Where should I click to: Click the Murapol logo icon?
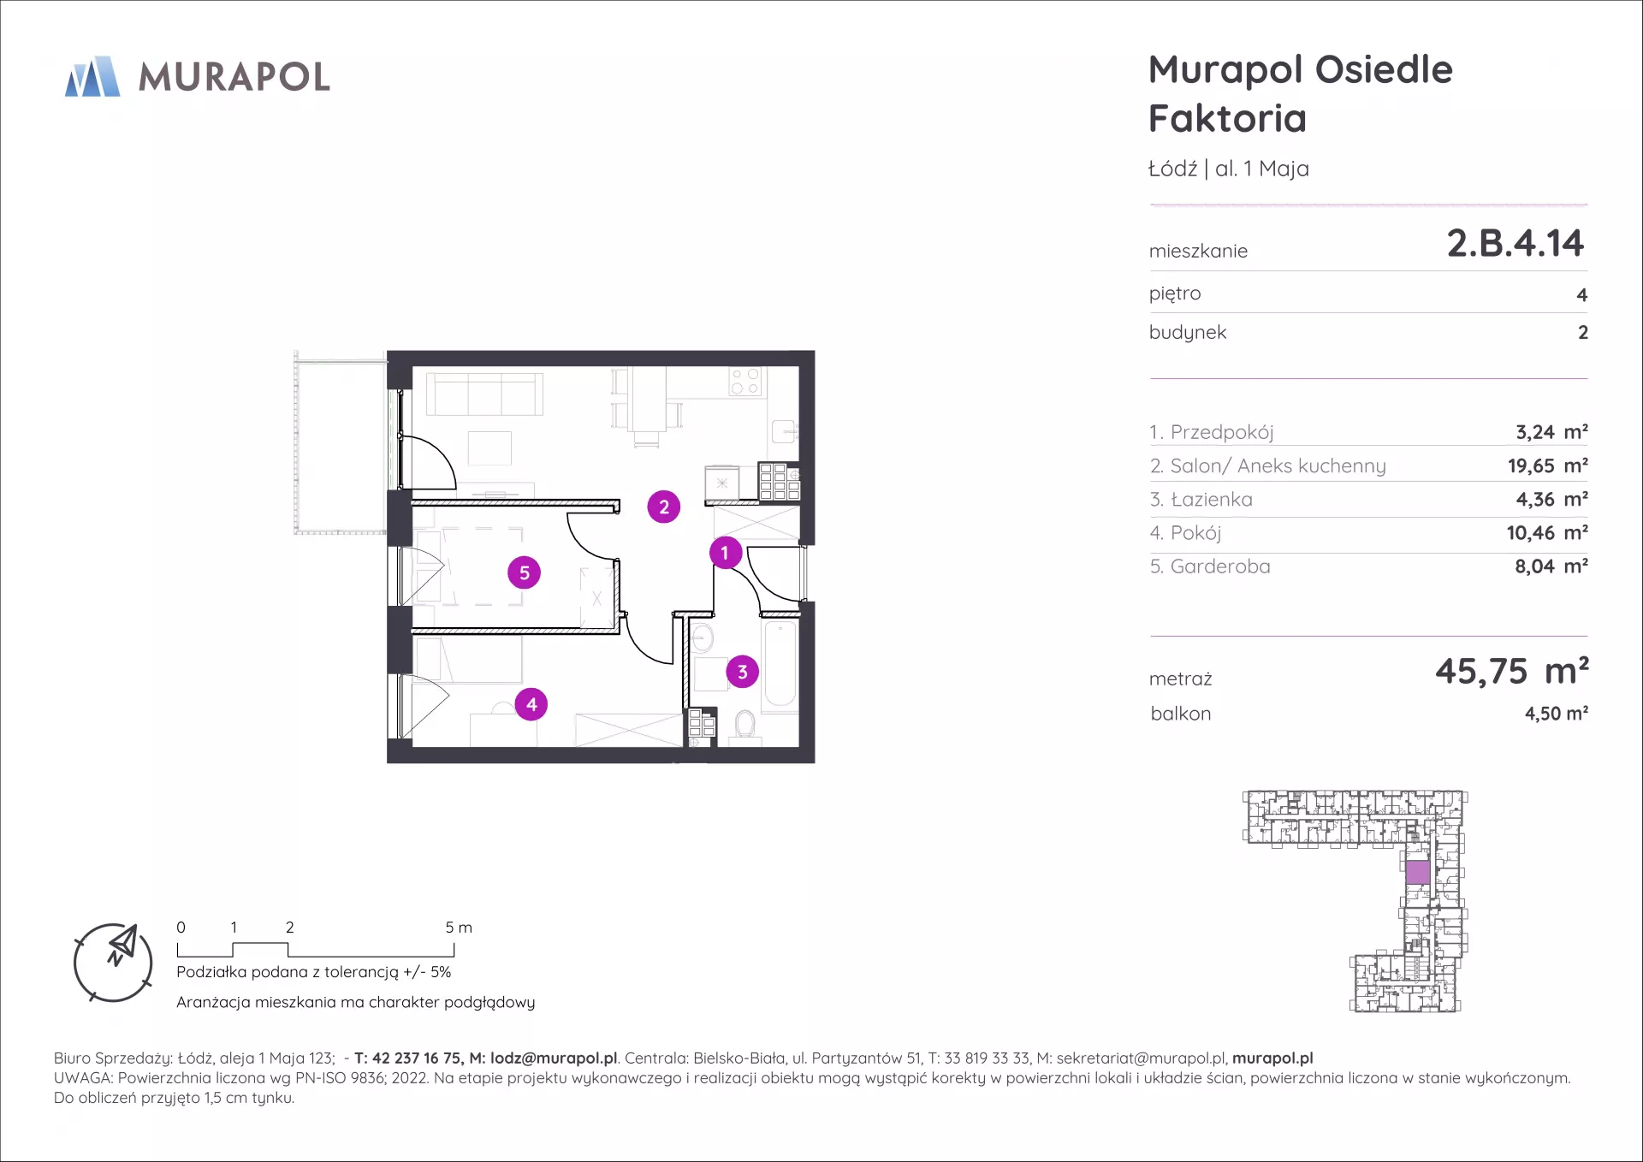point(92,76)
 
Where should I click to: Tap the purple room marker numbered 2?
point(664,507)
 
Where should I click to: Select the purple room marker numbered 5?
point(525,572)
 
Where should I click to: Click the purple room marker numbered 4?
point(531,704)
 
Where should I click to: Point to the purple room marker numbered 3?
point(743,672)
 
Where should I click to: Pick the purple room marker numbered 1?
point(725,553)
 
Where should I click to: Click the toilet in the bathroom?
point(745,726)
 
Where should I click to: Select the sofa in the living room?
point(484,394)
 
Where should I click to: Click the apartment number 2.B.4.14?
point(1515,243)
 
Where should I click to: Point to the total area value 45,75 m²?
point(1512,671)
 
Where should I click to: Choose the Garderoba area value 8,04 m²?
point(1551,566)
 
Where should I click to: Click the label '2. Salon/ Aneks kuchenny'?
point(1267,465)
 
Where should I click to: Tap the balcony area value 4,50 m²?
point(1557,714)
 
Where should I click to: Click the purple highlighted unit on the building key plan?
point(1418,872)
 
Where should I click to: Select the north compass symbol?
point(113,963)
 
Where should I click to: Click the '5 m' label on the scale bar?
point(459,928)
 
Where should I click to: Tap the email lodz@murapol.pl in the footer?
point(554,1058)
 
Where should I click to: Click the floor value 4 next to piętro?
point(1582,295)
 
